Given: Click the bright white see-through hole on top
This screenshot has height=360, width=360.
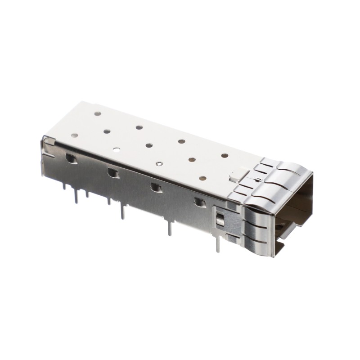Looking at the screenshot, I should [x=116, y=149].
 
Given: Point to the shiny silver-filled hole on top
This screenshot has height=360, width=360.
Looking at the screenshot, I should [x=158, y=164].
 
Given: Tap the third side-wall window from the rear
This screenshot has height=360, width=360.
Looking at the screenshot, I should [x=156, y=187].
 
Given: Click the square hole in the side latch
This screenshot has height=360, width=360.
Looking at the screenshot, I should [x=220, y=220].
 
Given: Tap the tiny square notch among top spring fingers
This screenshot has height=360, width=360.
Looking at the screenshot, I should [x=260, y=179].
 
